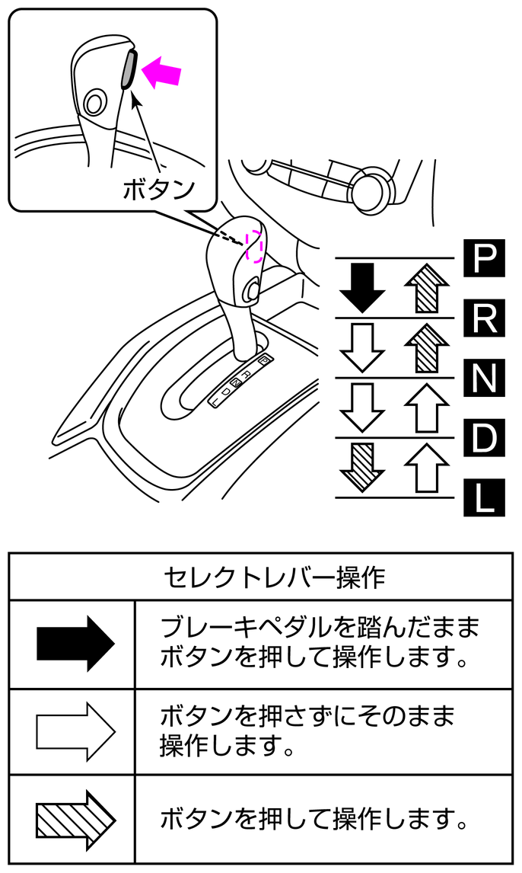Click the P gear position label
(x=483, y=258)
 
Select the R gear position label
(x=483, y=318)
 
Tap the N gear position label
(x=483, y=377)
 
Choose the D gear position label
(x=483, y=437)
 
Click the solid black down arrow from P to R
(x=362, y=288)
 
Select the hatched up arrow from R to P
(x=426, y=288)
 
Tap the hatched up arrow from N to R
(x=426, y=347)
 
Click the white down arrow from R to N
(x=362, y=347)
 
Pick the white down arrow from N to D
(x=362, y=407)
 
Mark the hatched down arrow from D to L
(x=362, y=466)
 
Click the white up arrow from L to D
(x=426, y=466)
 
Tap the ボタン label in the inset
(x=159, y=188)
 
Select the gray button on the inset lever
(x=129, y=70)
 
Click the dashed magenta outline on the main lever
(x=254, y=245)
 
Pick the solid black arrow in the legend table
(x=74, y=644)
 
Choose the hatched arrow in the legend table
(x=74, y=819)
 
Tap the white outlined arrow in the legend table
(x=74, y=731)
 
